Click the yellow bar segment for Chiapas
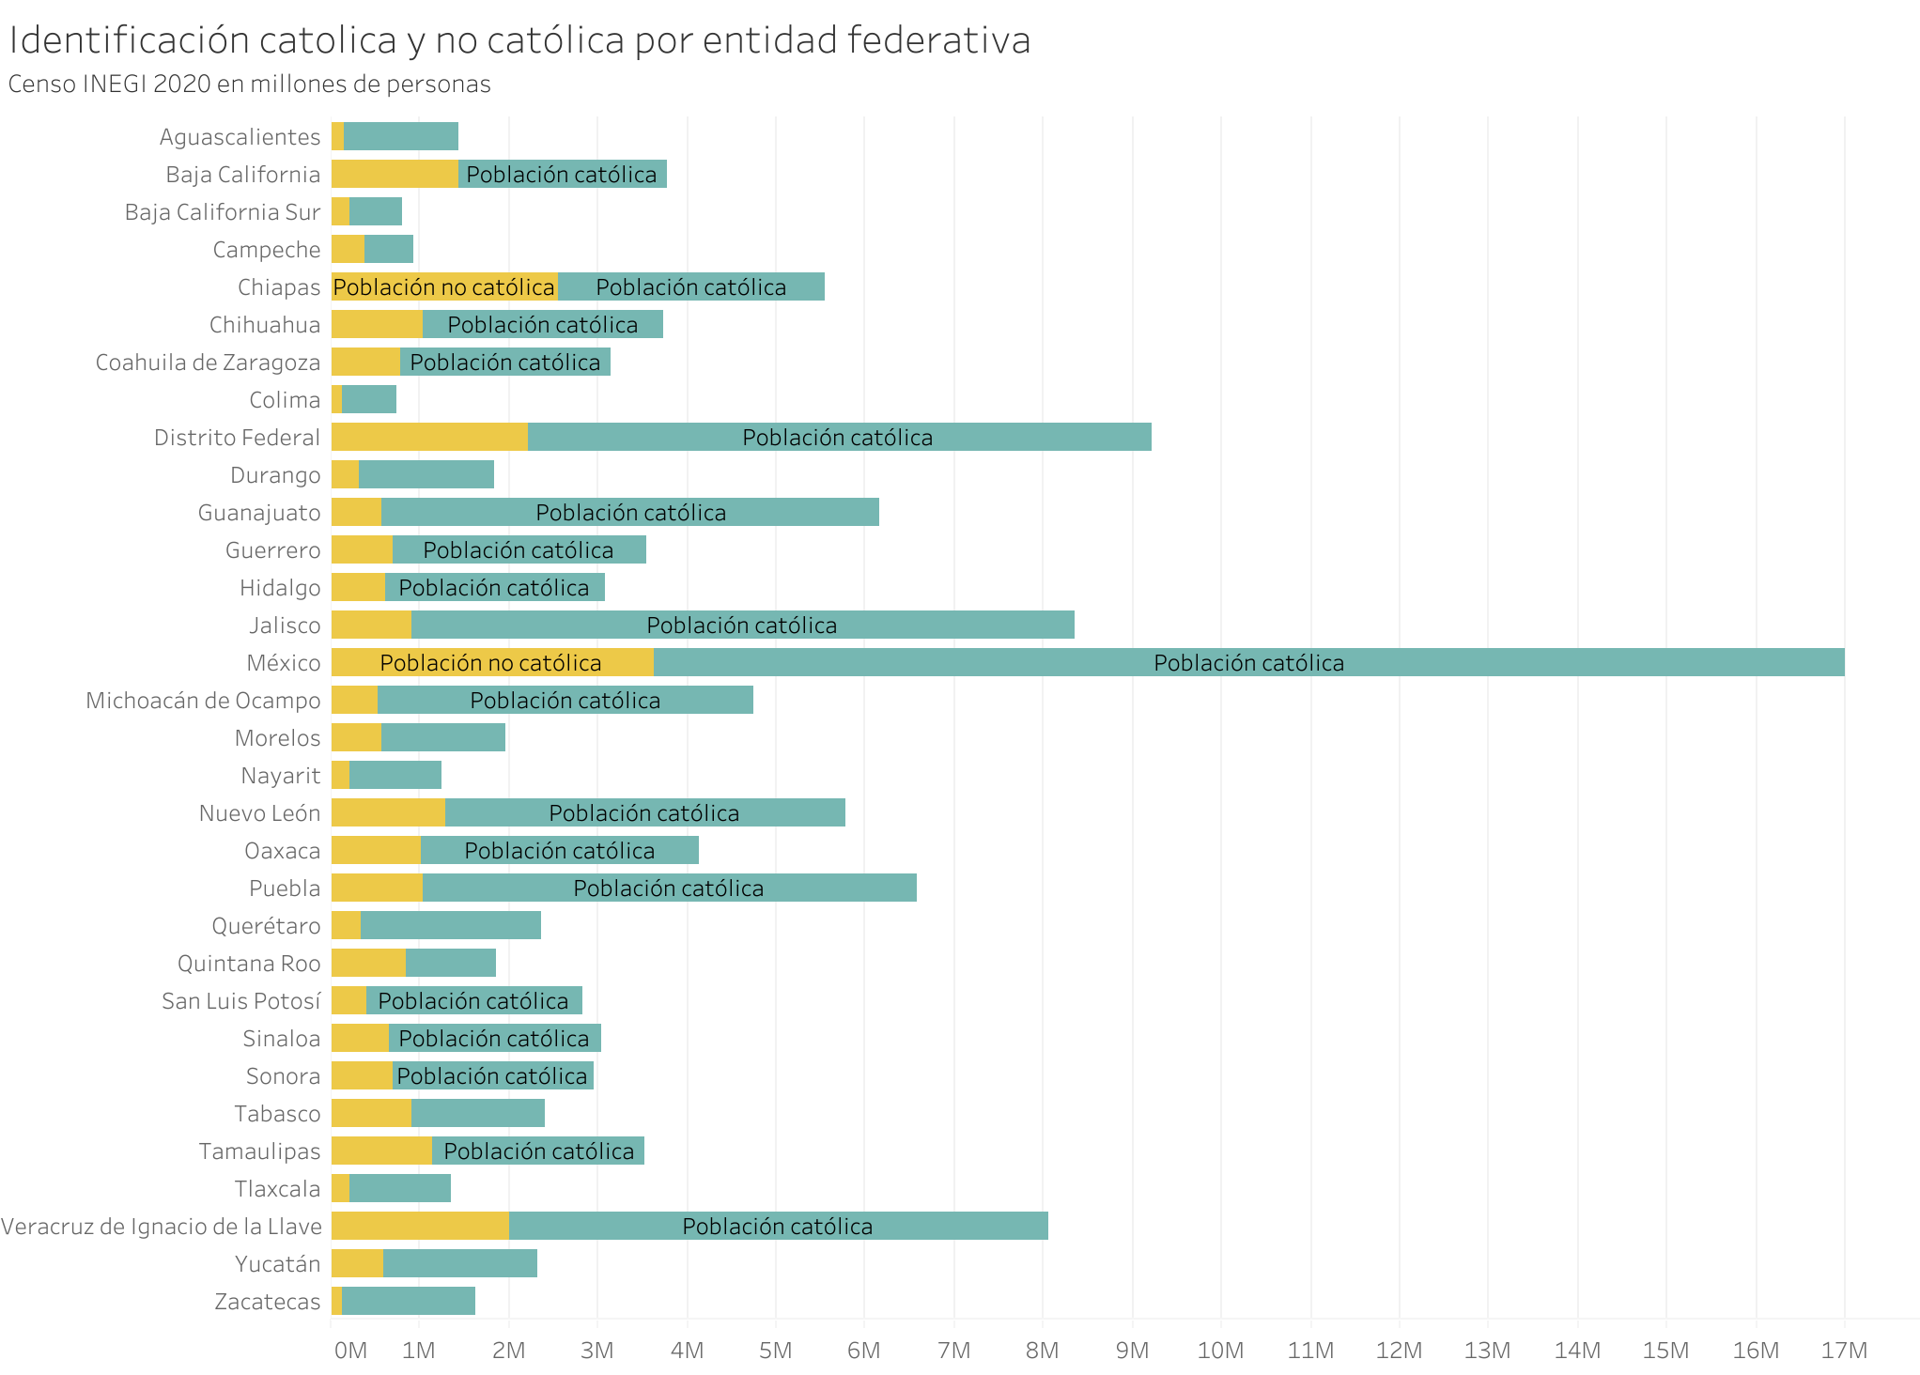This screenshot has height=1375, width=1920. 444,286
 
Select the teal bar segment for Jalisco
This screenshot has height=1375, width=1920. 742,625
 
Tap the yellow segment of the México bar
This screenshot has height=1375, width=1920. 492,662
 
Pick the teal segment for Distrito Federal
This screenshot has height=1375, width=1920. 839,437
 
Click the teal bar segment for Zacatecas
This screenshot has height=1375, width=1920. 408,1301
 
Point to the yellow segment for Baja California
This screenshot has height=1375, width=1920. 395,174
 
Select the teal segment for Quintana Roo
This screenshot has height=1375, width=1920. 450,963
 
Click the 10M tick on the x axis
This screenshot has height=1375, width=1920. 1220,1351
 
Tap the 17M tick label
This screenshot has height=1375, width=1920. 1844,1351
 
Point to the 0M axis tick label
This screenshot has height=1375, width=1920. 350,1351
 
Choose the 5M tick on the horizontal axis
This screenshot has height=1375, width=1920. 775,1351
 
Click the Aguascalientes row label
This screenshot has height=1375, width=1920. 240,137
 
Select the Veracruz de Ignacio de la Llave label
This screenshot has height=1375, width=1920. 162,1227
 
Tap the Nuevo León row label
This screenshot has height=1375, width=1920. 259,813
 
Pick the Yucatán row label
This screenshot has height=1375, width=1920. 277,1264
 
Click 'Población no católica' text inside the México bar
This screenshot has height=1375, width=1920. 490,663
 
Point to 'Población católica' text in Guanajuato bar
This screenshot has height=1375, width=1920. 630,513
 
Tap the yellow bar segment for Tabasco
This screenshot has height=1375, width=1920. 371,1113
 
